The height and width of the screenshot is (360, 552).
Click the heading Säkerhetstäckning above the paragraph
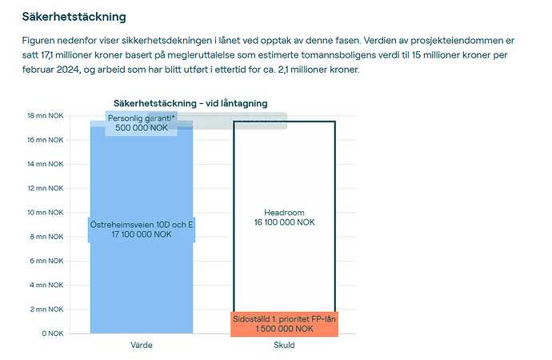pos(74,16)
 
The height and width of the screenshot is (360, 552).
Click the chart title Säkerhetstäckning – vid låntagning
pos(190,103)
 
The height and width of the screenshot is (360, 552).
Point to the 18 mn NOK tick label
pos(45,116)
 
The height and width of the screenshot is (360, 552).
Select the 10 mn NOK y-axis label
pos(45,212)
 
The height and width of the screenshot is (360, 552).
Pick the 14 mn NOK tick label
pos(45,164)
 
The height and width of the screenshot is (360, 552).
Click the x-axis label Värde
pos(142,345)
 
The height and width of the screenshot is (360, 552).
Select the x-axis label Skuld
pos(284,345)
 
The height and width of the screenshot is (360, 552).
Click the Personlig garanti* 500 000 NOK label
pos(141,122)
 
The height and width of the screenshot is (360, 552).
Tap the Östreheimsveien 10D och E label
pos(142,225)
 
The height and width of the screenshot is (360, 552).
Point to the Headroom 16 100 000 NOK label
pos(284,218)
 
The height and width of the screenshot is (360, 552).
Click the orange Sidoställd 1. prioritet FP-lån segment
pos(284,323)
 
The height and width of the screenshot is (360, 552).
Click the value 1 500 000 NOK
pos(285,329)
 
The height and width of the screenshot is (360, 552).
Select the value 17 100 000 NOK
pos(142,234)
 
